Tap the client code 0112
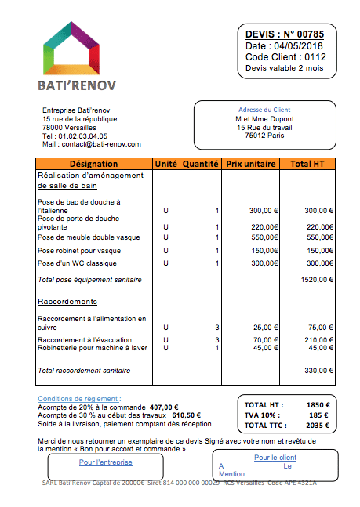pos(315,57)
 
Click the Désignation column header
pos(93,164)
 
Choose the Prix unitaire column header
pos(250,164)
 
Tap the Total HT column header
pos(307,164)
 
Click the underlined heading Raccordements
pos(67,302)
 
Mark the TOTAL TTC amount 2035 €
pos(317,426)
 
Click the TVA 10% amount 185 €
pos(319,415)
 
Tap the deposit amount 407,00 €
pos(164,407)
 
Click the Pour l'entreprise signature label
pos(106,462)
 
